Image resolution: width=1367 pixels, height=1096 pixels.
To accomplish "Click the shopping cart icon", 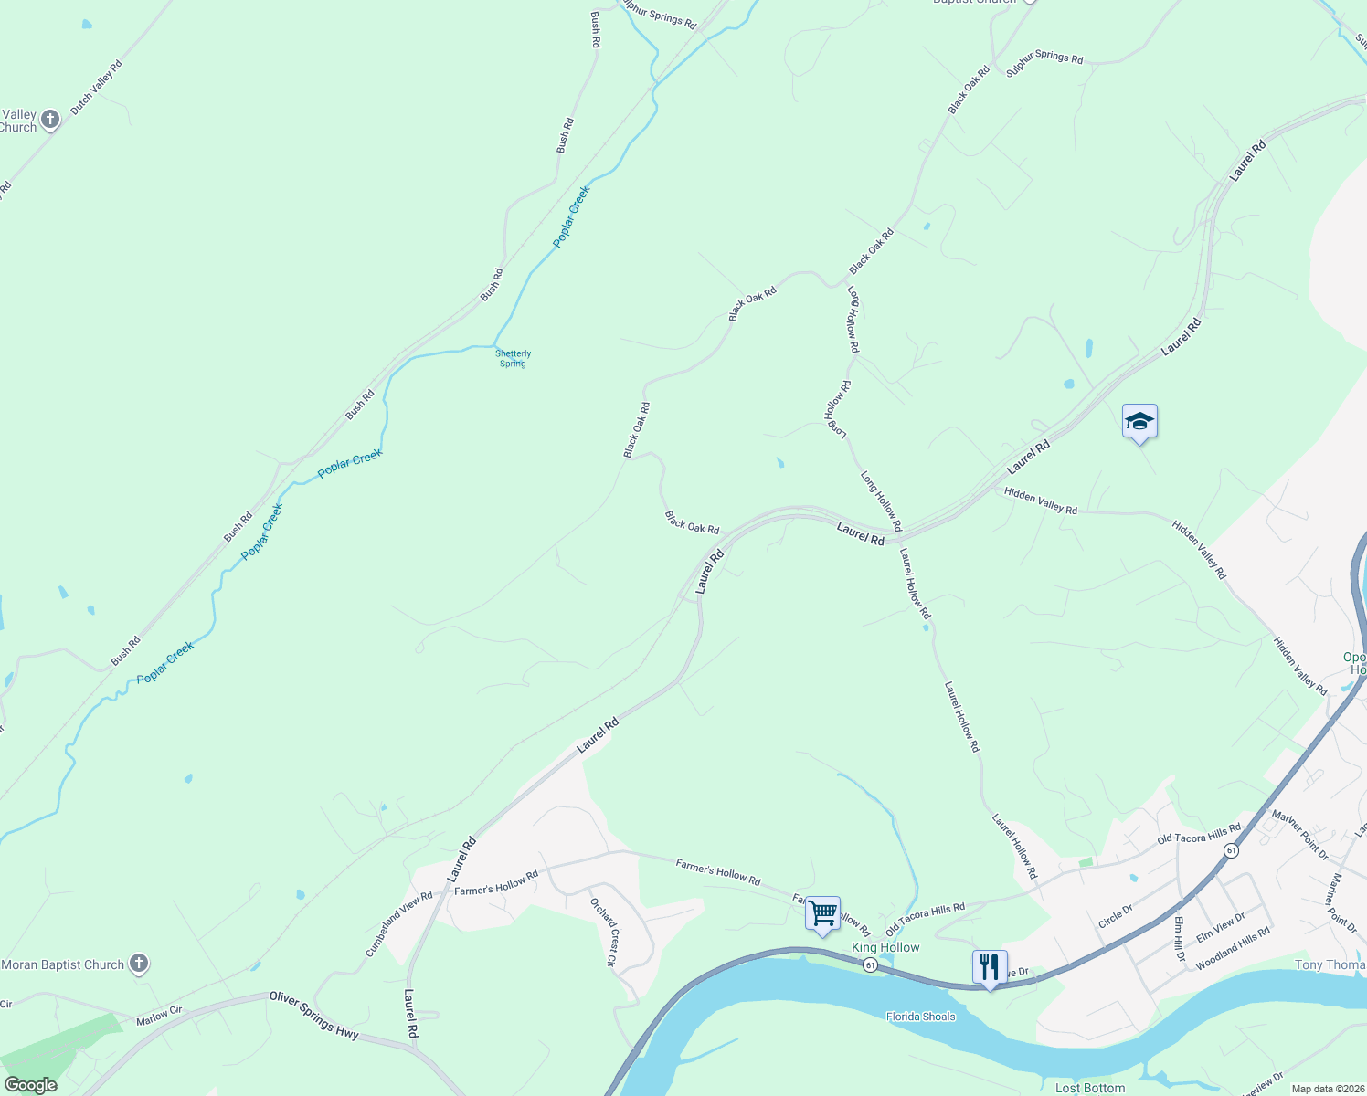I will click(822, 912).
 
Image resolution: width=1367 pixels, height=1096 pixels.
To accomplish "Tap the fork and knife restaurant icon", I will click(990, 966).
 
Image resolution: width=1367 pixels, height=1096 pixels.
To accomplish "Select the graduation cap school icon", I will click(1139, 422).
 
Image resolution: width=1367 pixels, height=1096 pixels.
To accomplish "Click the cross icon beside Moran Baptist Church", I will click(138, 964).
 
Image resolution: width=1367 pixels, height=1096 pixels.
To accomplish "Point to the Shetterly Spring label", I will click(513, 358).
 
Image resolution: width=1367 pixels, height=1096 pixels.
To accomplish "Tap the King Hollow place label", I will click(885, 947).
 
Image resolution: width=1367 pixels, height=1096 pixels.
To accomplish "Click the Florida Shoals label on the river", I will click(920, 1017).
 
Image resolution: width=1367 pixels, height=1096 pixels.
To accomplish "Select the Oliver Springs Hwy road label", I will click(314, 1016).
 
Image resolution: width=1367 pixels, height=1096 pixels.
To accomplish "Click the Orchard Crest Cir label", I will click(604, 932).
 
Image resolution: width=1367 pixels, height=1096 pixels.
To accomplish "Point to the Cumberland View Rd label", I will click(399, 924).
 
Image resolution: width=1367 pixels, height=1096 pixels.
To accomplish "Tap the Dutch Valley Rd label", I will click(96, 87).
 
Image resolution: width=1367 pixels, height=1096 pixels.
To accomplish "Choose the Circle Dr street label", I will click(1116, 916).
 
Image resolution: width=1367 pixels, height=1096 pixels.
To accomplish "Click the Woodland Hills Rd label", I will click(1233, 948).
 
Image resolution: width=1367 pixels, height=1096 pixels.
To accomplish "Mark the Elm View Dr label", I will click(1221, 927).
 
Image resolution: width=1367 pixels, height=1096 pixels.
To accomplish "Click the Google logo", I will click(30, 1085).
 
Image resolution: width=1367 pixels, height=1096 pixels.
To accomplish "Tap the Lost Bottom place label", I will click(1089, 1088).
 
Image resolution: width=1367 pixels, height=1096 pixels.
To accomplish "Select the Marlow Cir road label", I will click(159, 1016).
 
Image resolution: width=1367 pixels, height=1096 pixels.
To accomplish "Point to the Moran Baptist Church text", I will click(63, 964).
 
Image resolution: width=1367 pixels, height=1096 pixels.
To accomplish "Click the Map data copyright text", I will click(1328, 1089).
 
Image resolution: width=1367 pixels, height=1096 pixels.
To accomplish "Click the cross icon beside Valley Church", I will click(50, 119).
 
